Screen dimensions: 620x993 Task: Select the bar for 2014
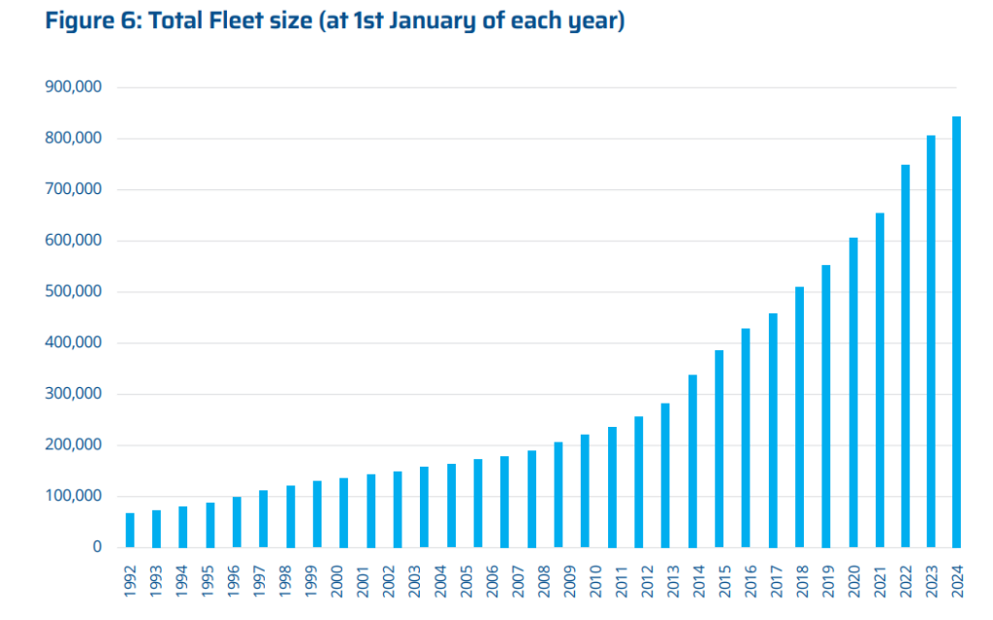692,461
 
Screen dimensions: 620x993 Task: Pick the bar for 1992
130,530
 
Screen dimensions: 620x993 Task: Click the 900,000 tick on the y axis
74,87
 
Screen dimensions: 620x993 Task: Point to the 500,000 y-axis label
74,292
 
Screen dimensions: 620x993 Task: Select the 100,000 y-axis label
74,496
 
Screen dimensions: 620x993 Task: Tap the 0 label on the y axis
97,547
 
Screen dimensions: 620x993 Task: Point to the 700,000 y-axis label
74,189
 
